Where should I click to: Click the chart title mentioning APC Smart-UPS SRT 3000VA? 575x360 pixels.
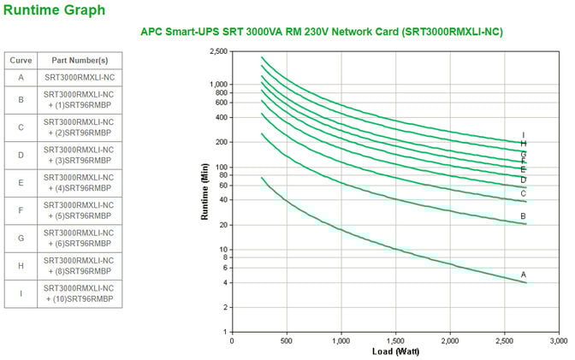click(x=321, y=32)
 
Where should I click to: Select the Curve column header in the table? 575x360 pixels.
click(x=20, y=61)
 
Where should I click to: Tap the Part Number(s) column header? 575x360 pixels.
click(x=79, y=61)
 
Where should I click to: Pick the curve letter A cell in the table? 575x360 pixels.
click(x=20, y=78)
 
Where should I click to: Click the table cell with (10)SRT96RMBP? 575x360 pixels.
click(x=79, y=292)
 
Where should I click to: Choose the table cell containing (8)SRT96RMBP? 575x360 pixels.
click(x=79, y=265)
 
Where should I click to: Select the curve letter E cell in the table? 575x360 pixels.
click(x=20, y=183)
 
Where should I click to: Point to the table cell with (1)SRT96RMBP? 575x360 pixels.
click(x=79, y=101)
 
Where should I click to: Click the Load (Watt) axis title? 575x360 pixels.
click(x=394, y=351)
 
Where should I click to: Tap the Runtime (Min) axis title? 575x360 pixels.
click(x=205, y=192)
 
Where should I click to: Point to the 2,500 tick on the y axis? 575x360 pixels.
click(x=218, y=52)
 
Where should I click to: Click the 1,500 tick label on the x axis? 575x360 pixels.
click(x=395, y=339)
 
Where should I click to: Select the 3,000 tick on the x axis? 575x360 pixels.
click(x=559, y=339)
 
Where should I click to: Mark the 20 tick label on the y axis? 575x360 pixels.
click(x=222, y=225)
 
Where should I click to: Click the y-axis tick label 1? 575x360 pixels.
click(x=225, y=331)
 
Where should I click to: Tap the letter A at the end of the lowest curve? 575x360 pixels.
click(x=523, y=274)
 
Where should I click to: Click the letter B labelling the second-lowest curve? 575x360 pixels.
click(x=523, y=216)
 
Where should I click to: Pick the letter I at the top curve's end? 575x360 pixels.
click(x=523, y=134)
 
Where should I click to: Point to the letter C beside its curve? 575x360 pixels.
click(x=523, y=193)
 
